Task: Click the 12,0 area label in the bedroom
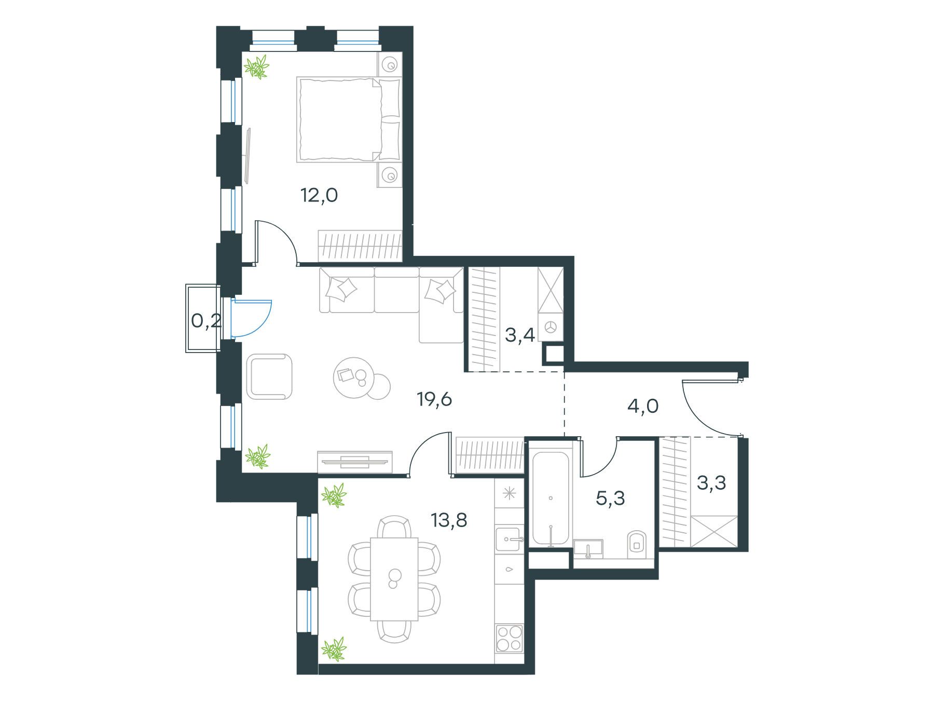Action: pos(319,196)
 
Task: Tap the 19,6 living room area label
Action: pos(435,400)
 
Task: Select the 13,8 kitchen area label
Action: pos(449,519)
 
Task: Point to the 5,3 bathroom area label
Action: pos(611,498)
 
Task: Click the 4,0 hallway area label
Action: pos(643,406)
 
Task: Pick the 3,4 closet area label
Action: pos(520,336)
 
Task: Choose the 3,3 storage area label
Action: pos(711,483)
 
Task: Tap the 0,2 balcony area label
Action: pos(207,321)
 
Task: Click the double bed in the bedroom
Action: pos(349,119)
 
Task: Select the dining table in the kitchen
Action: pos(394,579)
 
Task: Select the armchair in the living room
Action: pos(269,376)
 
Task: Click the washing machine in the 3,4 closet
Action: pos(551,327)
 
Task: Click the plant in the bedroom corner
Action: pos(257,67)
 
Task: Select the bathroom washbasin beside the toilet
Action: pos(588,548)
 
